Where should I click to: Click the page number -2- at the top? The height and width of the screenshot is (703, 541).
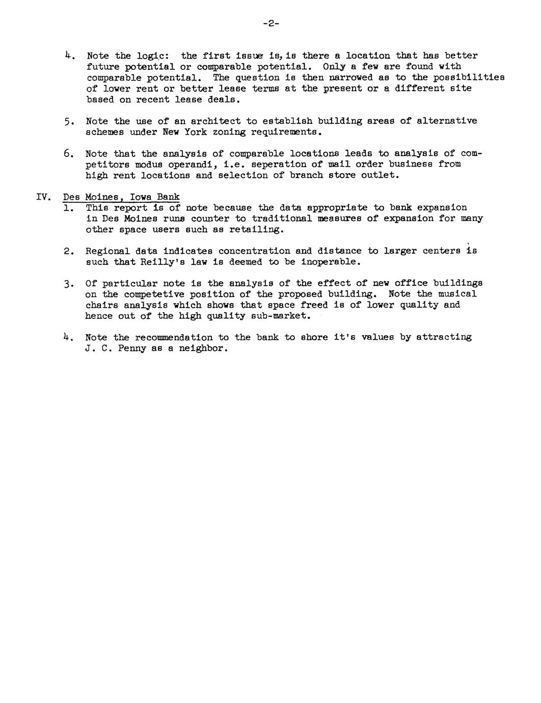271,23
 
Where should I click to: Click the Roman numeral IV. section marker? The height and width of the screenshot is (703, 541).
43,197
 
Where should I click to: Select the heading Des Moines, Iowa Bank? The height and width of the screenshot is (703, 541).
121,197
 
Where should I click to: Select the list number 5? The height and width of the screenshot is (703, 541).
68,121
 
